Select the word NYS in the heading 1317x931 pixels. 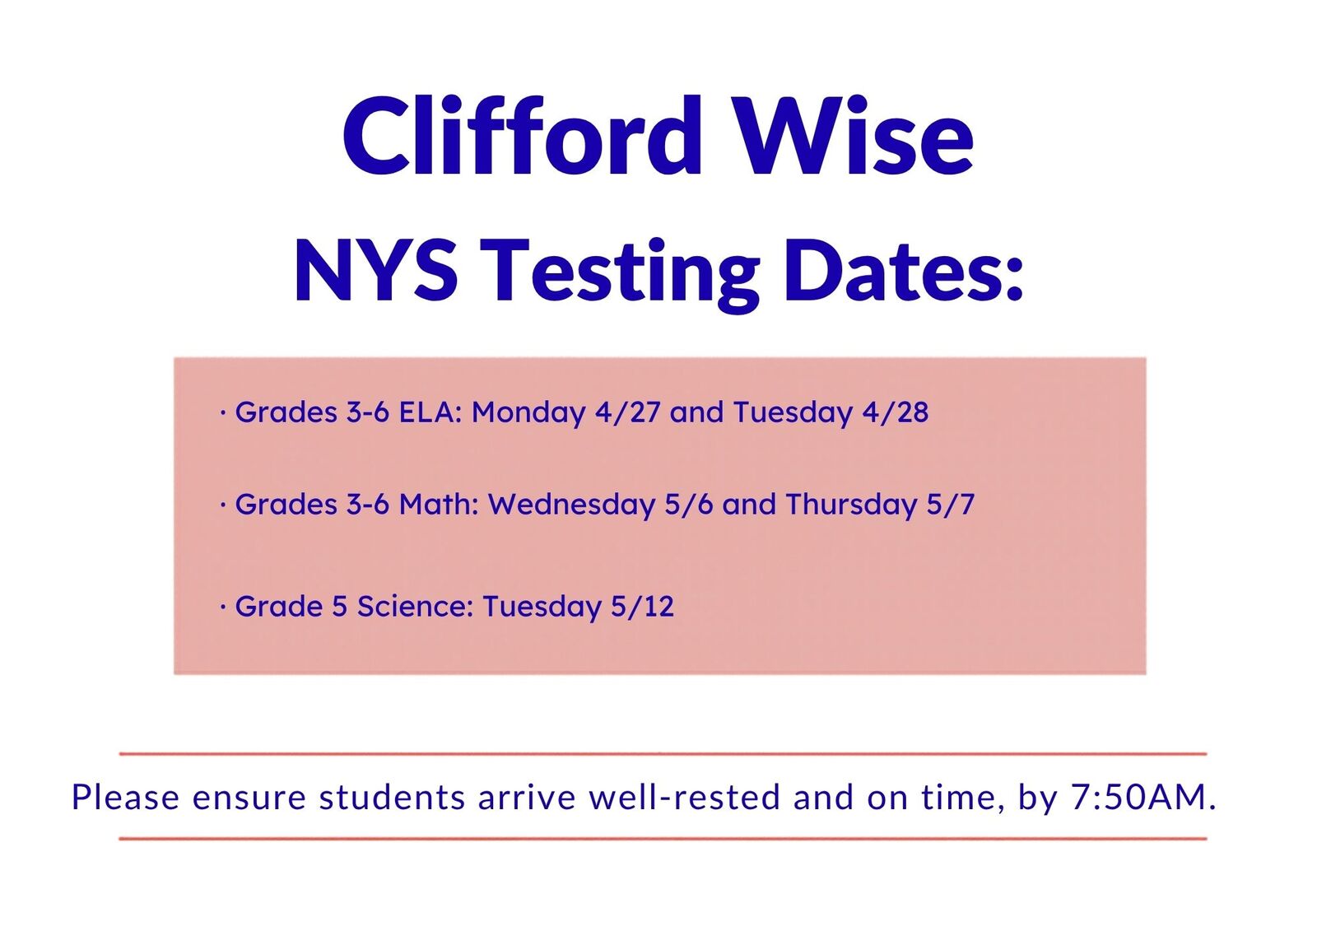coord(376,271)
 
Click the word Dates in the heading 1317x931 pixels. coord(904,271)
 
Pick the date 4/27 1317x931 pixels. coord(628,412)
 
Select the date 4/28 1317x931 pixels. coord(896,412)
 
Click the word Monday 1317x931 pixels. coord(528,414)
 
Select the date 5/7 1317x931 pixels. coord(950,505)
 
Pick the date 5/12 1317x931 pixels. coord(642,607)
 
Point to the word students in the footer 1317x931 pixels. coord(392,798)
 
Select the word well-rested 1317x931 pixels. coord(684,798)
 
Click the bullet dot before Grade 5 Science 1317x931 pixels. coord(223,607)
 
